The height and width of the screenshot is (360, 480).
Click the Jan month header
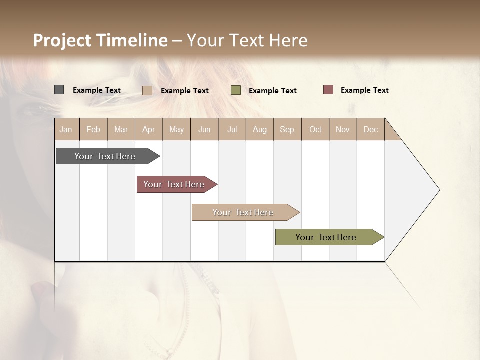tap(66, 129)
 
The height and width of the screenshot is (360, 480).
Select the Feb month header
tap(93, 129)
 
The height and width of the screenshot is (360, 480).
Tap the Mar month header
tap(121, 129)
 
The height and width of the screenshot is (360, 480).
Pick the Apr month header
tap(148, 129)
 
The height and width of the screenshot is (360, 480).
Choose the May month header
tap(176, 129)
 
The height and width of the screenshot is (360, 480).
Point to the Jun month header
tap(204, 129)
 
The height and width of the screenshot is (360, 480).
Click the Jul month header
tap(232, 129)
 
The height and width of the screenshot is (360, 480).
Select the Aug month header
tap(259, 129)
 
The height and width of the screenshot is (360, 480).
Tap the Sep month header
tap(287, 129)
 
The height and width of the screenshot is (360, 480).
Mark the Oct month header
tap(315, 129)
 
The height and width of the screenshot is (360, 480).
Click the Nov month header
tap(342, 129)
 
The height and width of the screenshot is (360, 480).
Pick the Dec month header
tap(370, 129)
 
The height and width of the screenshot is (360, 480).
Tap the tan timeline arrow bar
tap(243, 212)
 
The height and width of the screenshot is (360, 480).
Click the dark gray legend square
tap(59, 90)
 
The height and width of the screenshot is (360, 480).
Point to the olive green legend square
tap(236, 90)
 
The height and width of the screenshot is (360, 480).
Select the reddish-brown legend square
tap(328, 90)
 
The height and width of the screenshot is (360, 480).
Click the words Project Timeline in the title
tap(100, 40)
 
